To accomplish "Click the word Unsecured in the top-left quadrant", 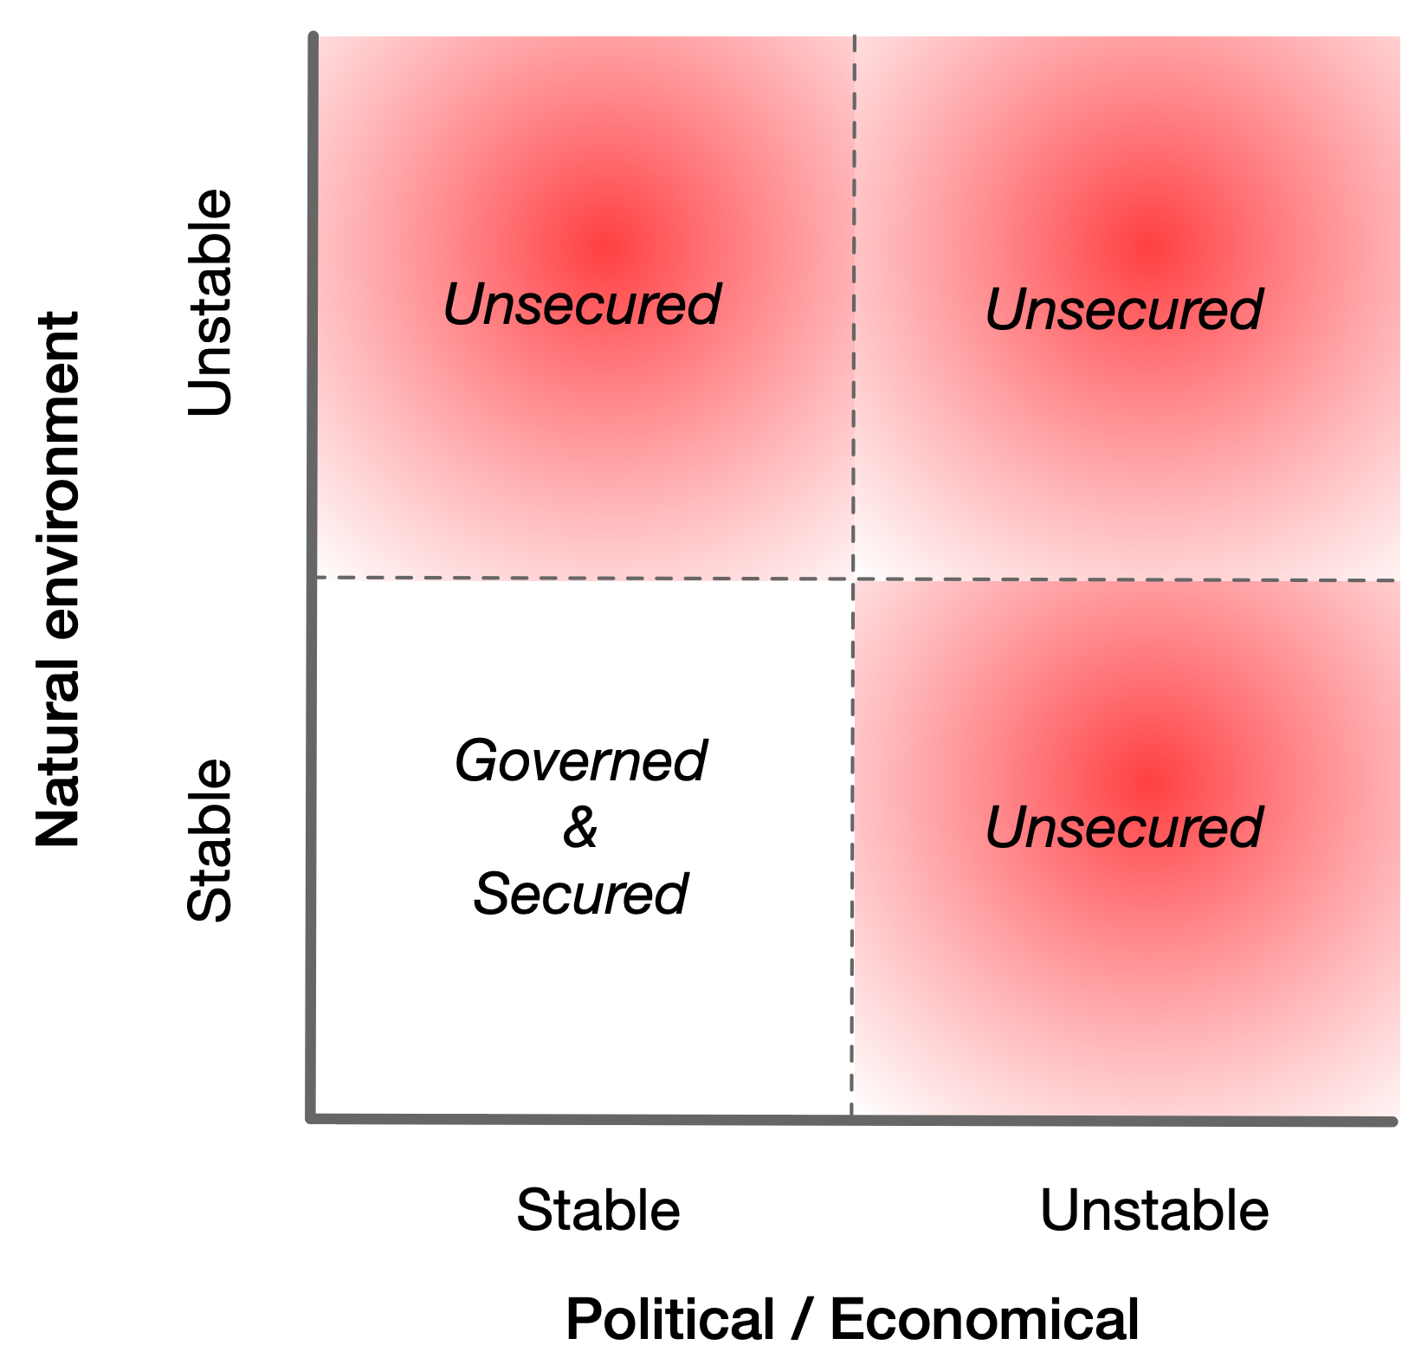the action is tap(581, 305).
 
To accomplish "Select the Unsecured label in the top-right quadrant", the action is tap(1123, 309).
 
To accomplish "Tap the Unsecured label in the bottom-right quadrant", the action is tap(1123, 827).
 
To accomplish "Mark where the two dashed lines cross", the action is tap(854, 579).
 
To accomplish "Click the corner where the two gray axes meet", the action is tap(313, 1119).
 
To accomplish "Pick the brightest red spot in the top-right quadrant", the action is tap(1149, 249).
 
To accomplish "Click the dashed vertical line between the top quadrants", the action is tap(854, 303).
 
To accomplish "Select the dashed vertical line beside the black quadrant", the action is tap(852, 849).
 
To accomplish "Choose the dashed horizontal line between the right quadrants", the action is tap(1126, 579).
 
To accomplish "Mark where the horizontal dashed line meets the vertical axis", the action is tap(314, 577).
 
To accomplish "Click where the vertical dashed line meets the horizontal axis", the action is tap(852, 1119).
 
